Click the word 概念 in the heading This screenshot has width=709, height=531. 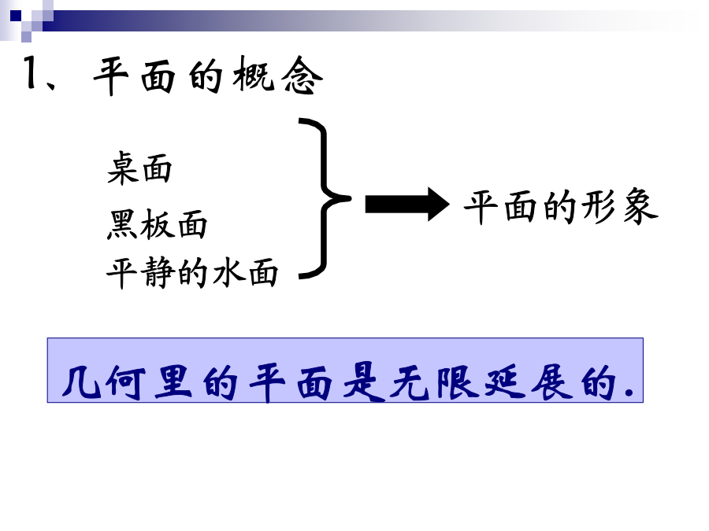(x=277, y=76)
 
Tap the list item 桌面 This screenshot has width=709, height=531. (x=139, y=168)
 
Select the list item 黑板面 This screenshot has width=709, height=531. (x=157, y=224)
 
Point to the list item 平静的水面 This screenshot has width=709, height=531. (x=192, y=273)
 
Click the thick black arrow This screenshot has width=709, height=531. (x=407, y=204)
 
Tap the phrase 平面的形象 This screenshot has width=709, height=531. (x=561, y=207)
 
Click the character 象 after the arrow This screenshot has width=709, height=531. (x=640, y=207)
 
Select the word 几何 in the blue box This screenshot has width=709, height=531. (x=104, y=382)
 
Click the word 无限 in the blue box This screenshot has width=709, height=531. (x=435, y=382)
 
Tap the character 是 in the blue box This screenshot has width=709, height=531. (x=364, y=382)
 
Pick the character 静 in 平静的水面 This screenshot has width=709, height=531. (x=158, y=273)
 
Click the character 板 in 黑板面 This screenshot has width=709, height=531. (x=157, y=224)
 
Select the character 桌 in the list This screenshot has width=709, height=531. (x=122, y=168)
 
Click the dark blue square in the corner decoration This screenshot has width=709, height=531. (x=16, y=16)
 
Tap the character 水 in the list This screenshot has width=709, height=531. (x=228, y=273)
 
